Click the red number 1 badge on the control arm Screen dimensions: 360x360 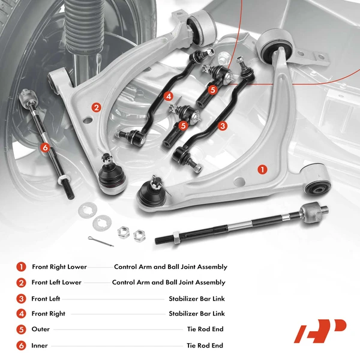(x=262, y=169)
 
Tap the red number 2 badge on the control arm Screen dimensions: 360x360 (x=96, y=107)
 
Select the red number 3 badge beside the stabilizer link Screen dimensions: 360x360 (x=223, y=126)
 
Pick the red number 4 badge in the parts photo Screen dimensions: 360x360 (x=169, y=96)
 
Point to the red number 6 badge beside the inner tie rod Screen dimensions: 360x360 (x=44, y=146)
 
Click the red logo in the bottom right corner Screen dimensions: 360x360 (x=320, y=331)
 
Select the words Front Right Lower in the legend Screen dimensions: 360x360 (x=59, y=267)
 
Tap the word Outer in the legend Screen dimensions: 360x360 (x=41, y=329)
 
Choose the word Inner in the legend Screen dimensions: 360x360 (x=40, y=346)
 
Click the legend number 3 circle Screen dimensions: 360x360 (x=21, y=299)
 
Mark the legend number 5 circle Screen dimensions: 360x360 (x=21, y=329)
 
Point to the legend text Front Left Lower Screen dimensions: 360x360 (x=56, y=283)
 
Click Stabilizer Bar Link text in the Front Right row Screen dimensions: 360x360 (x=196, y=314)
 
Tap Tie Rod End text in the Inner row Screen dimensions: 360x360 (x=205, y=346)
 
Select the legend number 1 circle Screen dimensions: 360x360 (x=21, y=267)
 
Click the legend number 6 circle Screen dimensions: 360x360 (x=21, y=346)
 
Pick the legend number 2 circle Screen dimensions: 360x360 (x=21, y=283)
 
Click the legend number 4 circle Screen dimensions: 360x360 (x=21, y=314)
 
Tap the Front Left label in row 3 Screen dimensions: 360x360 (x=46, y=299)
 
